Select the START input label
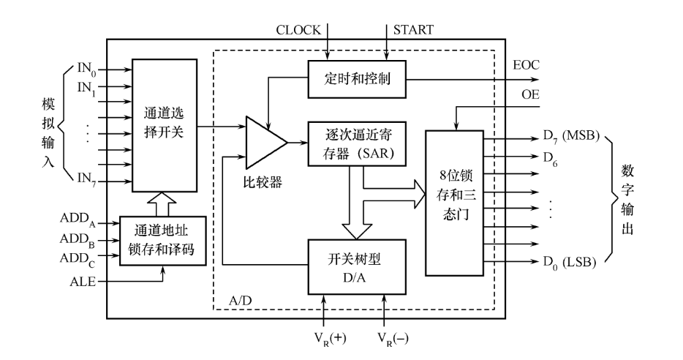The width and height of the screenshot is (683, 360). pyautogui.click(x=414, y=30)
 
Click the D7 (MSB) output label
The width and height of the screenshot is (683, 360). pyautogui.click(x=570, y=137)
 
